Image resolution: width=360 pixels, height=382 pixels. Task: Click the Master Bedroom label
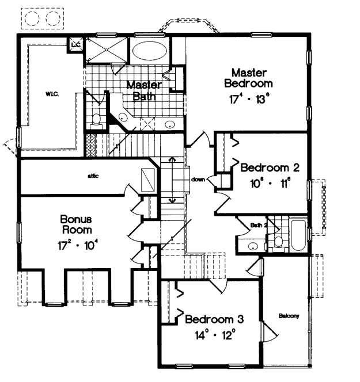248,78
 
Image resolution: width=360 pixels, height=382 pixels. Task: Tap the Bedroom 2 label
270,168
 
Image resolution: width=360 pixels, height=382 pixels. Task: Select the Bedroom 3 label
214,319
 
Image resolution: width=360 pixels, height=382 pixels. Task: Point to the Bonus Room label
76,224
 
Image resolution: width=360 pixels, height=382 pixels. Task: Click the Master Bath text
144,90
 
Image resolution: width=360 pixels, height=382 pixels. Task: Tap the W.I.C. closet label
52,94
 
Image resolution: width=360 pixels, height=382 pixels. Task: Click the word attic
93,175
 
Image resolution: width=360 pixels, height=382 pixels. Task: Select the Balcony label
289,316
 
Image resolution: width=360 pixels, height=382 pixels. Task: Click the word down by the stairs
198,179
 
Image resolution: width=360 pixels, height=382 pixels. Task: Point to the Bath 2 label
259,226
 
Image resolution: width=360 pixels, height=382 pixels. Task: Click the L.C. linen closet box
75,45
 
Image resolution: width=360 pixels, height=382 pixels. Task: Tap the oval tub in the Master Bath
150,51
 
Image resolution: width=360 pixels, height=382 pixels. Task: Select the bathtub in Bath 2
298,235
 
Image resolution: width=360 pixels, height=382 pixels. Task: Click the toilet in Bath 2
278,244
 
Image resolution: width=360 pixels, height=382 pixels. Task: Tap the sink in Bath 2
253,246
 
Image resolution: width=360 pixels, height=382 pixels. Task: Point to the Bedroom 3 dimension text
215,335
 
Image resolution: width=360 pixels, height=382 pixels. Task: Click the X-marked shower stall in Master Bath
107,50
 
